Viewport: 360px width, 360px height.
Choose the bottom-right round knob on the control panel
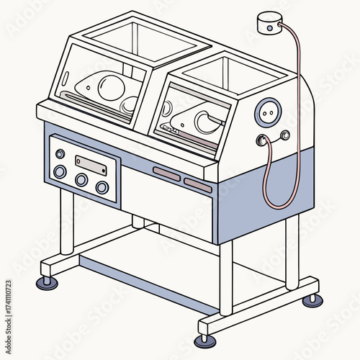102,188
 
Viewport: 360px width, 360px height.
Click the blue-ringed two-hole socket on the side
268,111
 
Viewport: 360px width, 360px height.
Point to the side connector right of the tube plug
285,134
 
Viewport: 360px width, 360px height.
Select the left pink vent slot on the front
167,173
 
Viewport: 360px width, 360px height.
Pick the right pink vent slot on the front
197,184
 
